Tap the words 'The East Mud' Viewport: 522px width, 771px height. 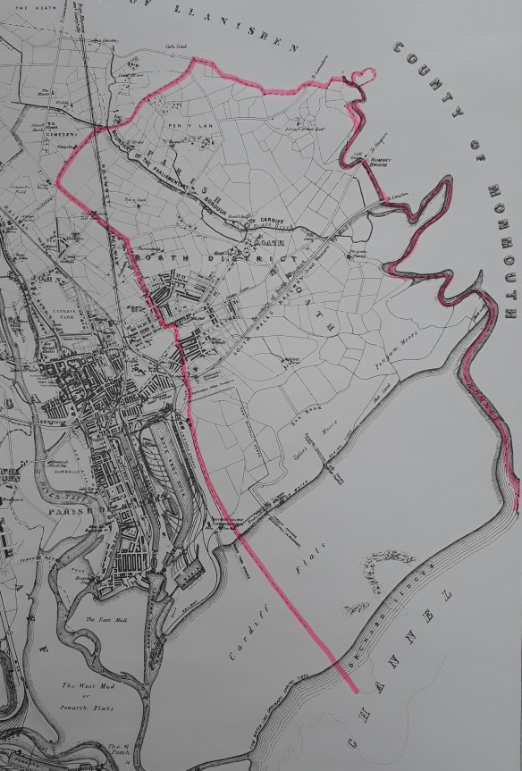[x=104, y=618]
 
